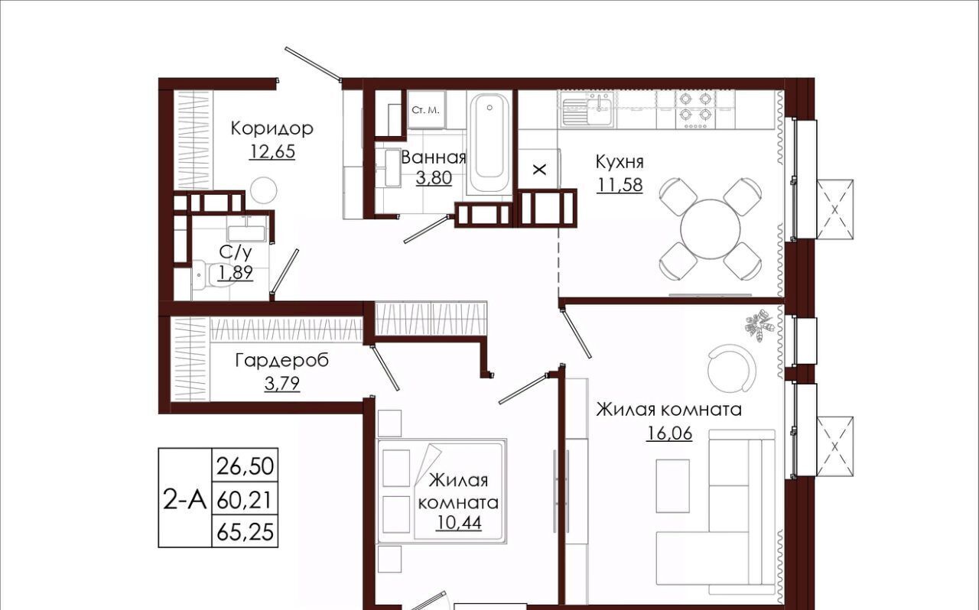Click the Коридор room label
272,129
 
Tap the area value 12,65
272,151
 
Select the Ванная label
434,157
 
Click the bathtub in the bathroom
489,142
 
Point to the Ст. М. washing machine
426,109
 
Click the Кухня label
620,163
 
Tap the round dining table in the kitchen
711,229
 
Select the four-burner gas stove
696,109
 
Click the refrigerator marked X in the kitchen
539,169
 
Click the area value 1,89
236,273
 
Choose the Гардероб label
282,361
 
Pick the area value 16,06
669,433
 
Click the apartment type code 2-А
184,499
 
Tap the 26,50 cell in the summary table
245,466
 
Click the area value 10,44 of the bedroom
458,523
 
